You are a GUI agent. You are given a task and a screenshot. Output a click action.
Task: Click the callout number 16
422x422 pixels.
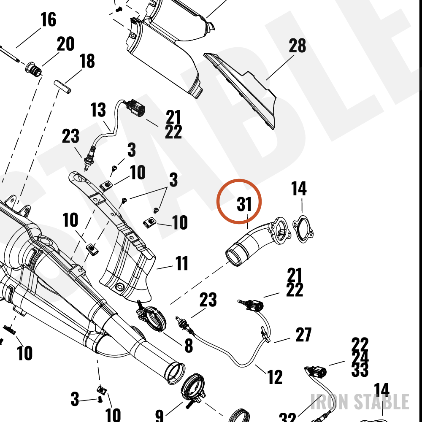tap(49, 20)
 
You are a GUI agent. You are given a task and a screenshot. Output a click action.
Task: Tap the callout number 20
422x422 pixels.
tap(66, 44)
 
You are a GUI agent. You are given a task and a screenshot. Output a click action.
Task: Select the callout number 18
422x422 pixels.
tap(87, 61)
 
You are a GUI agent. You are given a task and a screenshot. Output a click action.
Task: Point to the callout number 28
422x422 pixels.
tap(298, 46)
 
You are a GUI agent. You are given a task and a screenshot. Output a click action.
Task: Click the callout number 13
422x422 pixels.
tap(98, 110)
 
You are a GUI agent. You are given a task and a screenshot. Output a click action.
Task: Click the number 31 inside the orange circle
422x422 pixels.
tap(244, 204)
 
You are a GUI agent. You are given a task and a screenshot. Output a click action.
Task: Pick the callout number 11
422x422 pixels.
tap(181, 263)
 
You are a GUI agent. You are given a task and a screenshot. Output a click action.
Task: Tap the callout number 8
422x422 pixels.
tap(189, 346)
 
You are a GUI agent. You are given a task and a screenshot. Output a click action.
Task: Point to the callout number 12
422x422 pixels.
tap(275, 377)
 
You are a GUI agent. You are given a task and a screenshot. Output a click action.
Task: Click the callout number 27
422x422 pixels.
tap(303, 335)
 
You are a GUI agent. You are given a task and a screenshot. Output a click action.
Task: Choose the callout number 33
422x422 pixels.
tap(360, 370)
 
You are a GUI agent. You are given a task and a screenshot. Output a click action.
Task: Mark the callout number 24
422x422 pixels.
tap(360, 357)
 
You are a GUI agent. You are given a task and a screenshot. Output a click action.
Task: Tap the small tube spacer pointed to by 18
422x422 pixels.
tap(63, 87)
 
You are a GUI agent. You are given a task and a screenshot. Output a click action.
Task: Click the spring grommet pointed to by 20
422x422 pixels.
tap(34, 70)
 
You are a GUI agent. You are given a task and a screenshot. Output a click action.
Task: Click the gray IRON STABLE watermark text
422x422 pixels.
tap(360, 402)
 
